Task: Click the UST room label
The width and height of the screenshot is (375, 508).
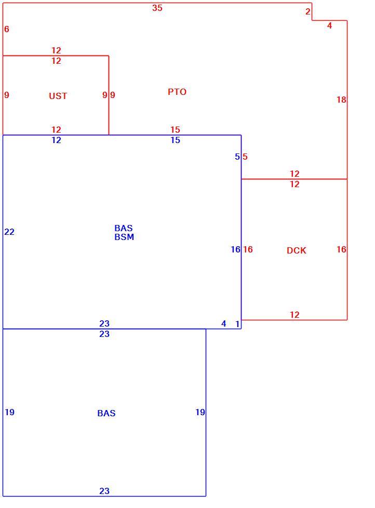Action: (x=58, y=96)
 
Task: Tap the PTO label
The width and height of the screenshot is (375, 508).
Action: (x=177, y=92)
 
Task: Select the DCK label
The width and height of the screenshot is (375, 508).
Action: (x=297, y=250)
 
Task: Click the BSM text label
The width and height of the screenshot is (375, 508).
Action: (x=124, y=237)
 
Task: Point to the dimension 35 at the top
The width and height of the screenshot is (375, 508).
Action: (x=157, y=8)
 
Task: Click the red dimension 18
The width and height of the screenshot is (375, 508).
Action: (x=341, y=100)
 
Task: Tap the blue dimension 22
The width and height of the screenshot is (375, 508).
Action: (x=9, y=232)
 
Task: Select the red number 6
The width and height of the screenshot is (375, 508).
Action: (x=7, y=29)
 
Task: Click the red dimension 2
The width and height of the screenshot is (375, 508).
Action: (x=308, y=11)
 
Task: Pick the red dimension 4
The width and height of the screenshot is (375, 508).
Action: (x=329, y=25)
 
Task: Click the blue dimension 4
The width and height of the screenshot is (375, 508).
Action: (x=224, y=323)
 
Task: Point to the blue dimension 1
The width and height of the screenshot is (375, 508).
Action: (x=237, y=323)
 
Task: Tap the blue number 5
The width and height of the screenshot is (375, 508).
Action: (x=237, y=157)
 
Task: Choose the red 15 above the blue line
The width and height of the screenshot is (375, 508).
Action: (x=176, y=130)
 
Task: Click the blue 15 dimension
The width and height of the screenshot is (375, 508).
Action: (x=176, y=140)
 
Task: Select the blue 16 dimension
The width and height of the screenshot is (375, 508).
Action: (x=235, y=249)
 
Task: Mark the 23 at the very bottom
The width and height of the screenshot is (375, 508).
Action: (x=104, y=491)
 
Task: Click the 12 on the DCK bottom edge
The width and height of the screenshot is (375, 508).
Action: (x=294, y=315)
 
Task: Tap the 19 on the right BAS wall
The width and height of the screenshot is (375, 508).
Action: (x=200, y=412)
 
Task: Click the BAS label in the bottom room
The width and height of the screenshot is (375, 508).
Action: (x=106, y=413)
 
